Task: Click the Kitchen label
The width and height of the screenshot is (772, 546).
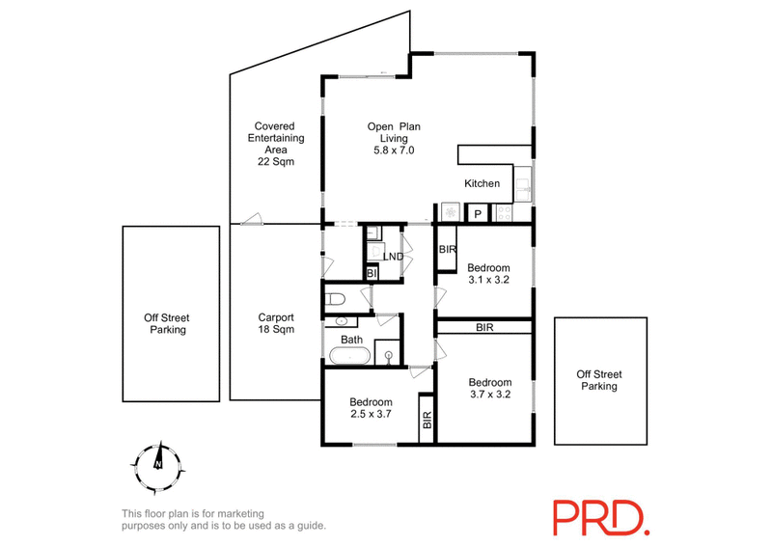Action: click(x=482, y=183)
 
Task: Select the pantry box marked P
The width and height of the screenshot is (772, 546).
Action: click(x=477, y=214)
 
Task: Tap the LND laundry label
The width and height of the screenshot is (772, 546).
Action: click(x=393, y=257)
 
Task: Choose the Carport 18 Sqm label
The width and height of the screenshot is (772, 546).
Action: click(x=275, y=323)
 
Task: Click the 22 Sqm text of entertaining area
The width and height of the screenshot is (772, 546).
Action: click(x=275, y=162)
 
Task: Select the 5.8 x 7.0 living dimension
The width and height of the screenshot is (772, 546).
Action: click(x=394, y=150)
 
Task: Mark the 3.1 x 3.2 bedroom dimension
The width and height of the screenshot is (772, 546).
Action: click(x=488, y=280)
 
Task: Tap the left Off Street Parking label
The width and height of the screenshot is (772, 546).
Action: click(x=168, y=323)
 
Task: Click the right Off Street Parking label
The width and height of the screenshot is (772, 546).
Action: click(x=599, y=380)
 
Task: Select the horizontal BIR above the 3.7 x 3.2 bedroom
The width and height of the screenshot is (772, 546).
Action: click(x=484, y=328)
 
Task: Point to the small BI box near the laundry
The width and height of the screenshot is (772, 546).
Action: click(x=371, y=274)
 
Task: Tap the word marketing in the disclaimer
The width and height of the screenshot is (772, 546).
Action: click(x=238, y=513)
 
